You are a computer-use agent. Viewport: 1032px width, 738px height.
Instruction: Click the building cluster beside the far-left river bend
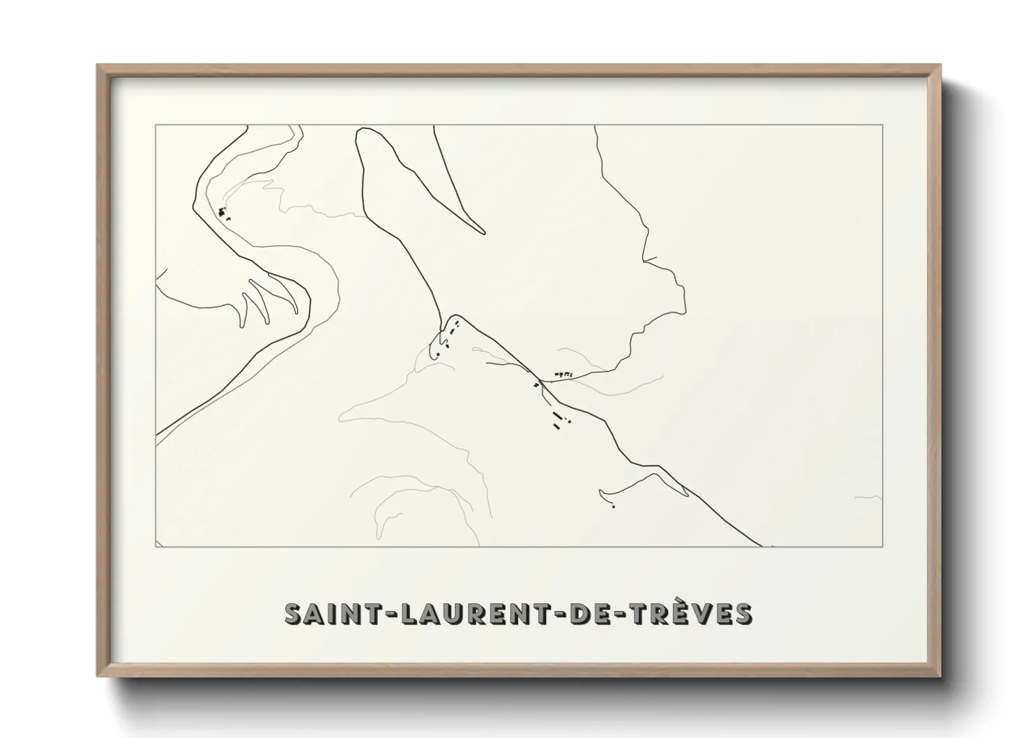coord(223,212)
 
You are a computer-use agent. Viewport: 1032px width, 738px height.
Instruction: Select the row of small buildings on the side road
coord(563,375)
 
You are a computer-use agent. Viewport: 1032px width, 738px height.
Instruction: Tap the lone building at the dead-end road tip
coord(613,506)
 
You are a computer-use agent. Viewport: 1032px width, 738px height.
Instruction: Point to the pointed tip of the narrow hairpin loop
coord(483,232)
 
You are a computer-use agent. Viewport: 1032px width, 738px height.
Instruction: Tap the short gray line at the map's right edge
coord(869,498)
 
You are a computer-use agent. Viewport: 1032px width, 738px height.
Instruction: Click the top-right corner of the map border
coord(882,125)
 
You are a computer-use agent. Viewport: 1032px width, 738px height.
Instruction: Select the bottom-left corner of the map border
coord(155,547)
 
